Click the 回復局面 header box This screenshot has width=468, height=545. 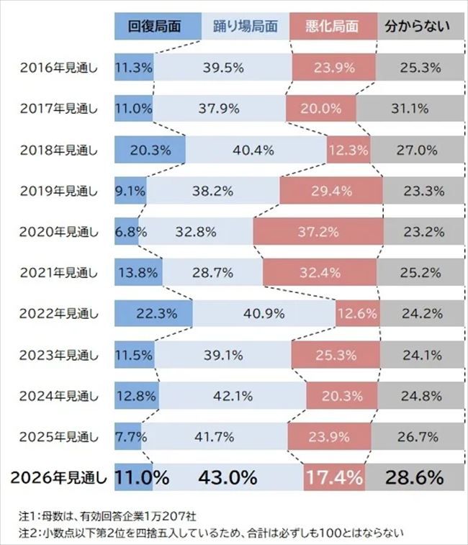pos(153,27)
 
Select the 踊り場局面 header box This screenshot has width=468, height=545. pos(244,27)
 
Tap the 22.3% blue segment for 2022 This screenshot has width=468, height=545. pos(153,314)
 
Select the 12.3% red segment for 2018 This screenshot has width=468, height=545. pos(348,150)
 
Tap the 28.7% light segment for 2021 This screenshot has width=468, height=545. pos(212,273)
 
